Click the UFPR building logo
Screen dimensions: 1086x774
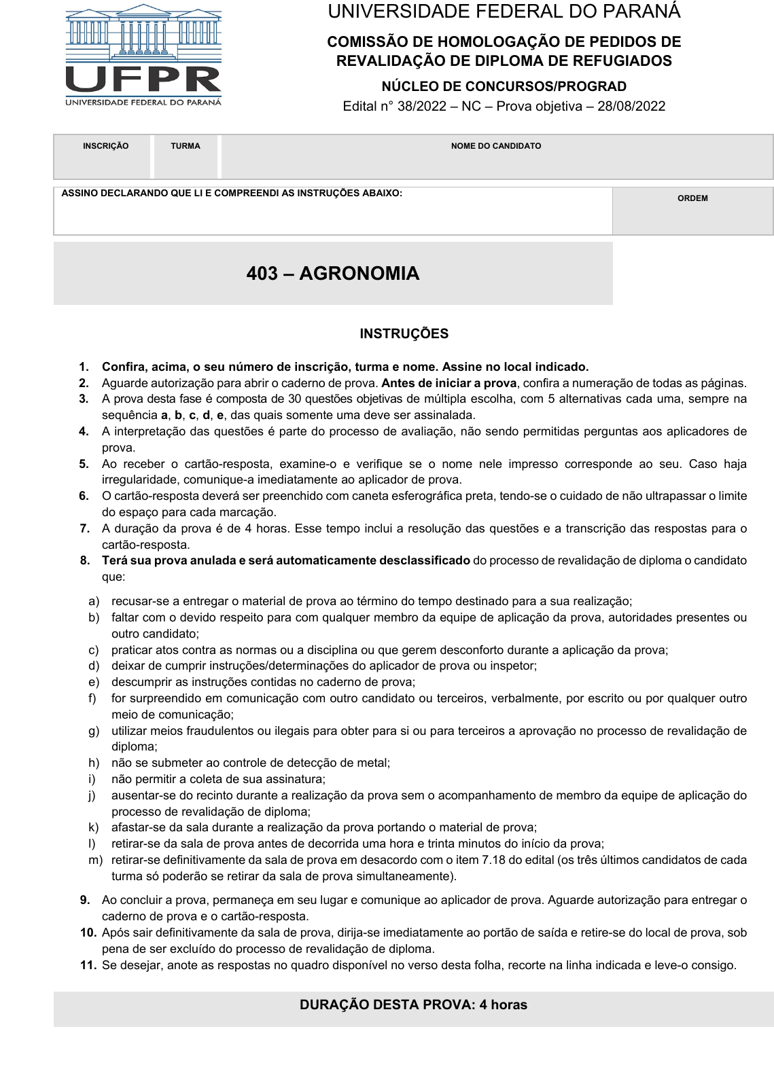pyautogui.click(x=143, y=54)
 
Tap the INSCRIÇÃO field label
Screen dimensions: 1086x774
pyautogui.click(x=105, y=146)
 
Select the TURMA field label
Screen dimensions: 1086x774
pyautogui.click(x=186, y=146)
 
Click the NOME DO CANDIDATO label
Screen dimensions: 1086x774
pyautogui.click(x=496, y=146)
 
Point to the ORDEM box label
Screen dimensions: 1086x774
pyautogui.click(x=692, y=198)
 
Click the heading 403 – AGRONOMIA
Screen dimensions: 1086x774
pyautogui.click(x=333, y=274)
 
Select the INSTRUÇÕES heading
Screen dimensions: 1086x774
pyautogui.click(x=404, y=333)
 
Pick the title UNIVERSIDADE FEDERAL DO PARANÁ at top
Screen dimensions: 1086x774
pyautogui.click(x=504, y=12)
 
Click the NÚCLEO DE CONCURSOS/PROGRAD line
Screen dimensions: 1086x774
pyautogui.click(x=504, y=86)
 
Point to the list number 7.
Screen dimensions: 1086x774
pyautogui.click(x=85, y=528)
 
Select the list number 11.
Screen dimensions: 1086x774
pyautogui.click(x=88, y=965)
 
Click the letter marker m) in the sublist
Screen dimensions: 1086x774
pyautogui.click(x=95, y=860)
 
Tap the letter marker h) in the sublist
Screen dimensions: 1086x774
pyautogui.click(x=94, y=763)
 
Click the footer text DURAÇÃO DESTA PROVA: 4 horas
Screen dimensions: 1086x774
pyautogui.click(x=413, y=1005)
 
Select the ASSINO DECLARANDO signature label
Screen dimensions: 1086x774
pyautogui.click(x=232, y=194)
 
